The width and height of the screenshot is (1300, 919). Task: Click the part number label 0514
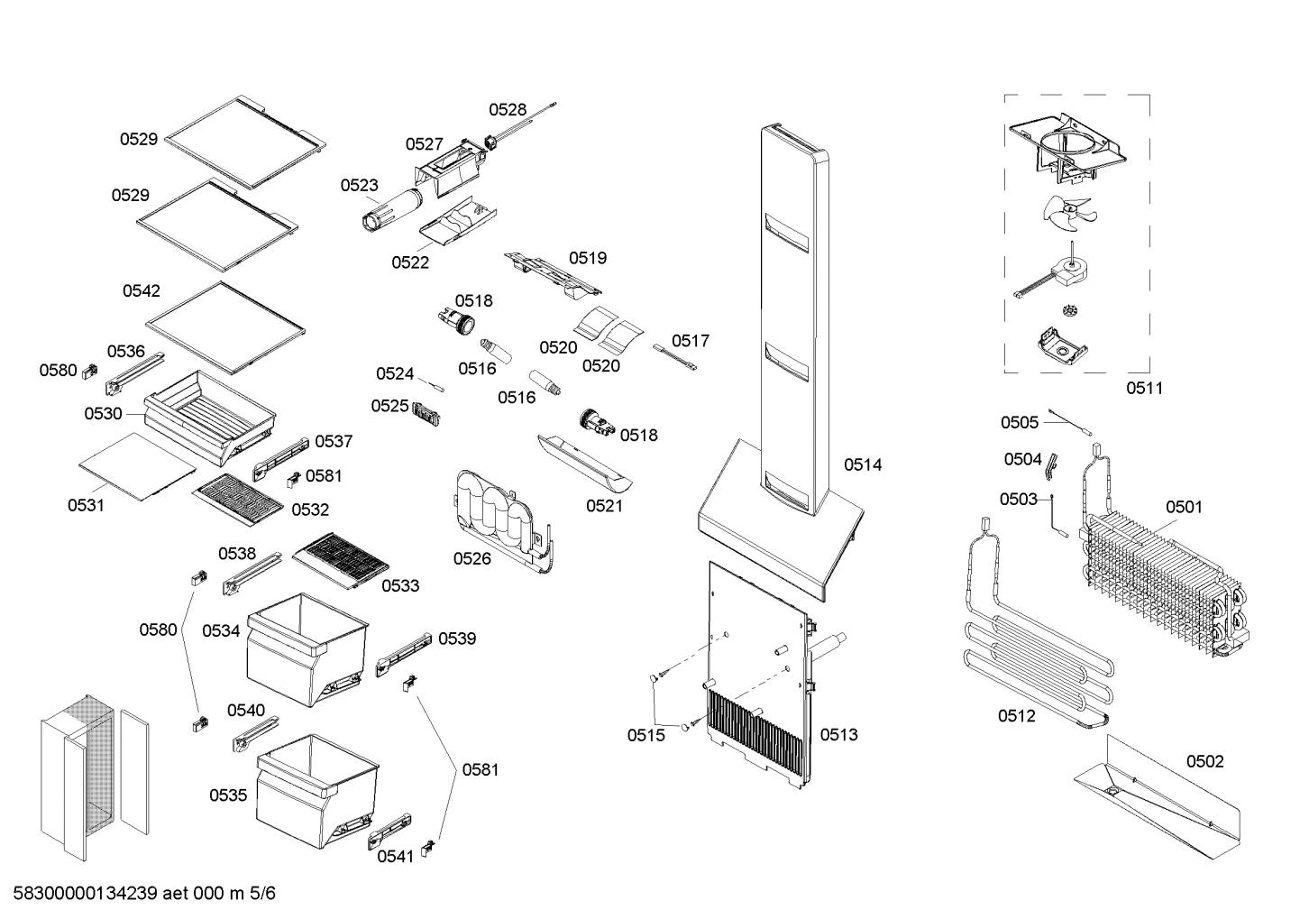862,464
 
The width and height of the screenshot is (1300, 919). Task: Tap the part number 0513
838,734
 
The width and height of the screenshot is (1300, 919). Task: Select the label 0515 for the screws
645,735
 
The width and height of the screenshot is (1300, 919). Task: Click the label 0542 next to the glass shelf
142,290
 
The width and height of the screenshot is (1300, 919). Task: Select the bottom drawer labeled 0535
316,785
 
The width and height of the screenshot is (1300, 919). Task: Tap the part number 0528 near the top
508,110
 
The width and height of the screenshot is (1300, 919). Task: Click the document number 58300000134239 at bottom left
86,894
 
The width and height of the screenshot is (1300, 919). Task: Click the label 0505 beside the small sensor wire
1019,422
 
